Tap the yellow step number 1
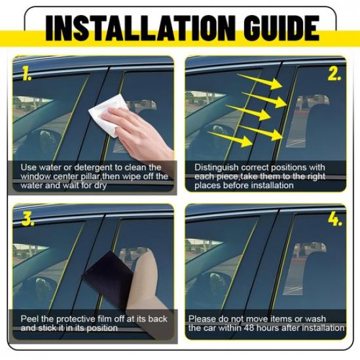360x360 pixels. coord(26,73)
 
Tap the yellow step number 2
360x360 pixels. coord(334,73)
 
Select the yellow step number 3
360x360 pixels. coord(27,219)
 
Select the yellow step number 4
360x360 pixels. coord(334,219)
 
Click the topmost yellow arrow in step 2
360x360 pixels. coord(260,82)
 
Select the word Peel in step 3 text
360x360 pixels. coord(30,319)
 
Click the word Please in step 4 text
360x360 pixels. coord(202,319)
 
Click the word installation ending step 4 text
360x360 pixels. coord(322,327)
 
